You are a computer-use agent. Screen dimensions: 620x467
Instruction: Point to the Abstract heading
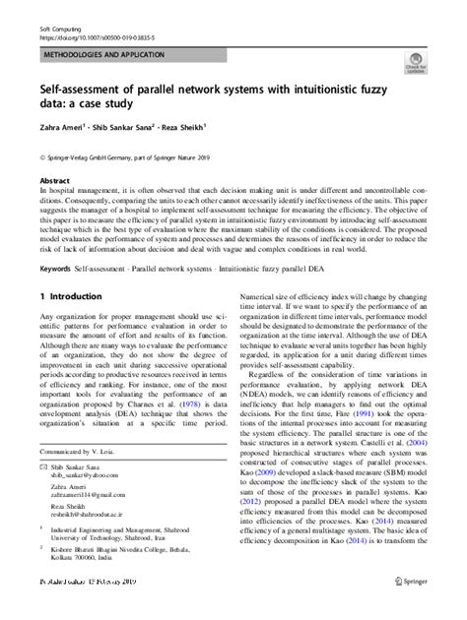point(54,182)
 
